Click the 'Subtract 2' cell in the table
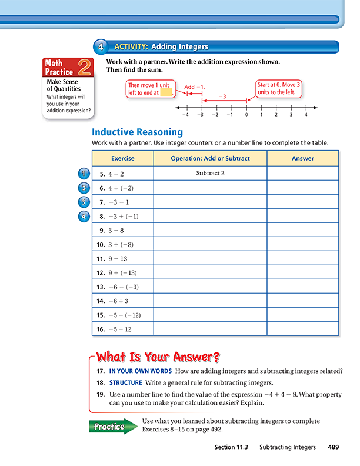tap(210, 174)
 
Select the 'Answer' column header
tap(303, 158)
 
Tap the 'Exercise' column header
tap(122, 158)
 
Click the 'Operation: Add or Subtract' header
tap(210, 158)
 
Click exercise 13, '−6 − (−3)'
tap(117, 287)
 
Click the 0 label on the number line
tap(246, 115)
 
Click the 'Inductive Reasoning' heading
tap(137, 132)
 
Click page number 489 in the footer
tap(334, 448)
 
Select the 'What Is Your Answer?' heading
tap(158, 357)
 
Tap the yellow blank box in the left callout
tap(166, 92)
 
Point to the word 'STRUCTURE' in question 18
tap(125, 382)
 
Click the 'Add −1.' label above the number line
tap(194, 87)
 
